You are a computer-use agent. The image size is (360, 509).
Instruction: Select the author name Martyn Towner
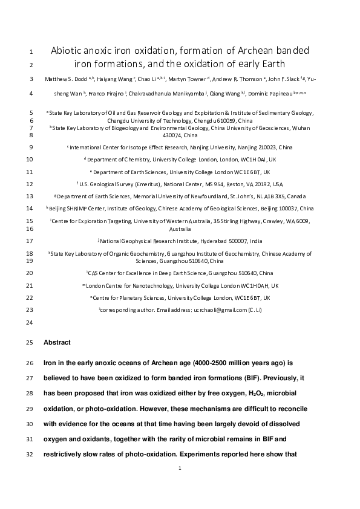pyautogui.click(x=188, y=79)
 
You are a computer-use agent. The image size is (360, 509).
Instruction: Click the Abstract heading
pyautogui.click(x=57, y=343)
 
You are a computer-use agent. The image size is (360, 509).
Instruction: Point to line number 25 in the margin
pyautogui.click(x=31, y=343)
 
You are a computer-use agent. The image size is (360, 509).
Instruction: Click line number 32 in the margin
pyautogui.click(x=31, y=466)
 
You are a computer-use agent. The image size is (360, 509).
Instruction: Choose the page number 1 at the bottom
pyautogui.click(x=180, y=485)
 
